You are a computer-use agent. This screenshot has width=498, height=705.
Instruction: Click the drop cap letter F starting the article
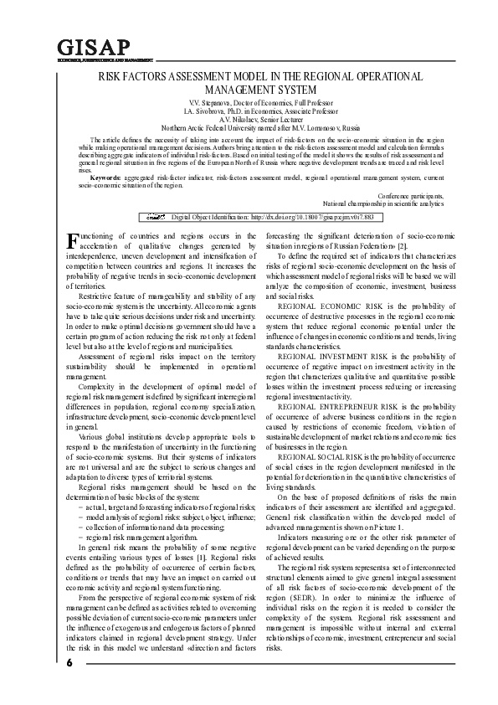(x=70, y=243)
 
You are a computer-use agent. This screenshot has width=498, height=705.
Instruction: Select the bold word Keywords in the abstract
(x=105, y=178)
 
